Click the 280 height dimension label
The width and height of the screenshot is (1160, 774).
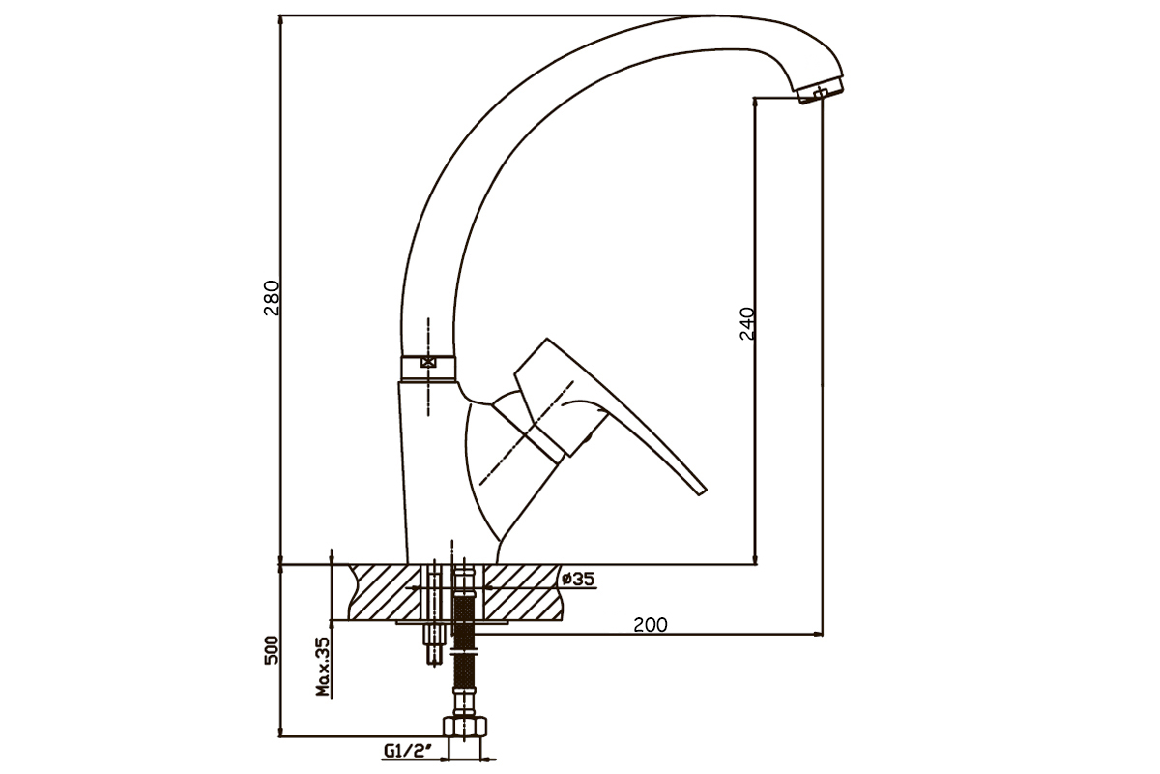point(272,298)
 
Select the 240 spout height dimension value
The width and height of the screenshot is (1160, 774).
point(746,323)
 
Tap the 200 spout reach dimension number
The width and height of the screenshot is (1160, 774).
point(651,625)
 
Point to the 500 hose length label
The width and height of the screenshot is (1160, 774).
point(272,649)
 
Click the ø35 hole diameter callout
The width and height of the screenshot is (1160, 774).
point(577,579)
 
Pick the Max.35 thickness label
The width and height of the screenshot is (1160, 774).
point(322,667)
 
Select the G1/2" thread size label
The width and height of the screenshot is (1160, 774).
point(408,750)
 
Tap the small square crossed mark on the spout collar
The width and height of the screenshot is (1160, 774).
point(427,362)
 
